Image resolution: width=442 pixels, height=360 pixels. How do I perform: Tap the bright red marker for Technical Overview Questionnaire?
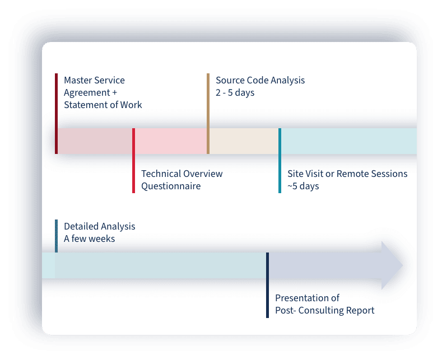click(133, 161)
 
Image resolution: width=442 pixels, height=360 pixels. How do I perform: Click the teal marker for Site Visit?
click(280, 161)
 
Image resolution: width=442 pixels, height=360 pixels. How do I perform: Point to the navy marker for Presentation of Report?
click(267, 285)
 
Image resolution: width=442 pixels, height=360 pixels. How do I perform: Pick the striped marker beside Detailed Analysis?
click(57, 236)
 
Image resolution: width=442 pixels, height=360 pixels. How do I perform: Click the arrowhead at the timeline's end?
click(392, 265)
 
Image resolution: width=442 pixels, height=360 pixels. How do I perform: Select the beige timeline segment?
click(244, 141)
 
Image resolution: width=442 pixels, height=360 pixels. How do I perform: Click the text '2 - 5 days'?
click(235, 92)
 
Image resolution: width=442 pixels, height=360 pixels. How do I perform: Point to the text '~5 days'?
click(303, 186)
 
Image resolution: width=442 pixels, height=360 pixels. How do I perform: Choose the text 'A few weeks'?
click(89, 239)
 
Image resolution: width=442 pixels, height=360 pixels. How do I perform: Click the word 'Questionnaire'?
click(171, 186)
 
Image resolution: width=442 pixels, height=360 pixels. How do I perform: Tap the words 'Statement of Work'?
click(103, 105)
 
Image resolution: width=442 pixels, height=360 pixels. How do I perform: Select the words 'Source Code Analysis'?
click(260, 80)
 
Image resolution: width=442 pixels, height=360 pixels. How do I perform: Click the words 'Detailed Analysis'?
click(100, 226)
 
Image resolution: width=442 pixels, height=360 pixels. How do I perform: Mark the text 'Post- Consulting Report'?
click(324, 310)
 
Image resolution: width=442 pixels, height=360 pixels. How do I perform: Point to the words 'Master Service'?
click(94, 80)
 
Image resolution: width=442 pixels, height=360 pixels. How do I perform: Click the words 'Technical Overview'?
click(182, 174)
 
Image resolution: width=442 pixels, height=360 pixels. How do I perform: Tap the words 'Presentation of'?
click(307, 298)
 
